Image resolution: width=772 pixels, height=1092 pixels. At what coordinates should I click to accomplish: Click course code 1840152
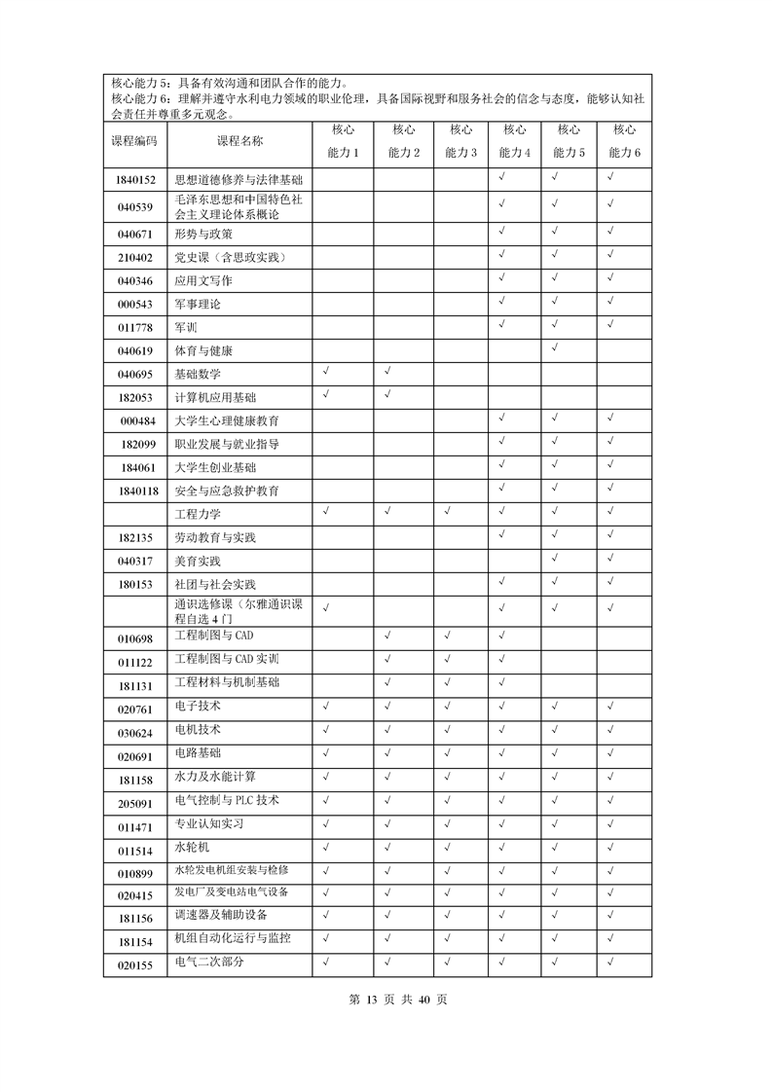coord(135,180)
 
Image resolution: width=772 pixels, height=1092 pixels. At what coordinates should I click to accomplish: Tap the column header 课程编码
coord(135,141)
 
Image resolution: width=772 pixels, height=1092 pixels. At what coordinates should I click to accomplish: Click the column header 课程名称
coord(239,141)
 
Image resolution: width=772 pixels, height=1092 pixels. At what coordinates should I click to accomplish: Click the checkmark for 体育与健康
coord(555,346)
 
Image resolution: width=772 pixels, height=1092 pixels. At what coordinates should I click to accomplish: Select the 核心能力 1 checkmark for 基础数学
coord(327,370)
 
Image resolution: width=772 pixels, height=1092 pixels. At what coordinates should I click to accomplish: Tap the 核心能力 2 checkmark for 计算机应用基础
coord(387,393)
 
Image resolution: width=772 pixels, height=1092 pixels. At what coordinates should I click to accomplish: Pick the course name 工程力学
coord(198,514)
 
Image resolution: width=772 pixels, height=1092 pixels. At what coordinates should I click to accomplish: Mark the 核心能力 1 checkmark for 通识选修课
coord(327,607)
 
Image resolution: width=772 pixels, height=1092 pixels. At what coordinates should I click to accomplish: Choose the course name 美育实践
coord(198,562)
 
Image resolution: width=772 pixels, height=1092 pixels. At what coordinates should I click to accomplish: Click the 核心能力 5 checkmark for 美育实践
coord(555,558)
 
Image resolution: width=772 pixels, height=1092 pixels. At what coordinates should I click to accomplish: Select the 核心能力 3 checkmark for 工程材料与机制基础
coord(447,681)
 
